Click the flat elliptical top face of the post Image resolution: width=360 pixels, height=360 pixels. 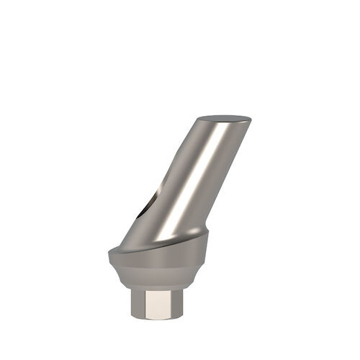tap(225, 120)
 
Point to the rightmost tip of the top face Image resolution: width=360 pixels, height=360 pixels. tap(251, 118)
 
